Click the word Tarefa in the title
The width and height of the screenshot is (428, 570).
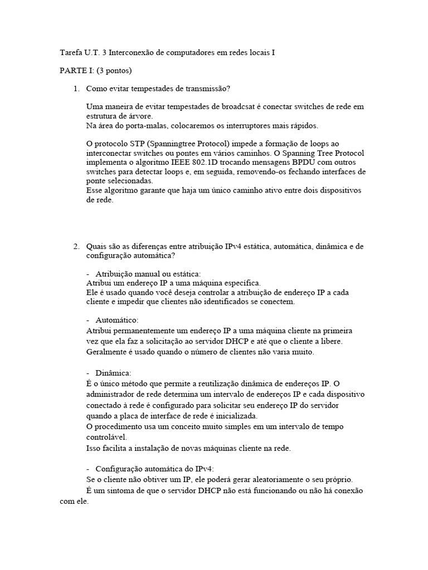(x=70, y=53)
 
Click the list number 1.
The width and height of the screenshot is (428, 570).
(x=76, y=89)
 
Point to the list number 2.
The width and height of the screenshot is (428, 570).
(x=76, y=246)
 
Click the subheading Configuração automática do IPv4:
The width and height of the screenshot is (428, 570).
(x=159, y=469)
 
